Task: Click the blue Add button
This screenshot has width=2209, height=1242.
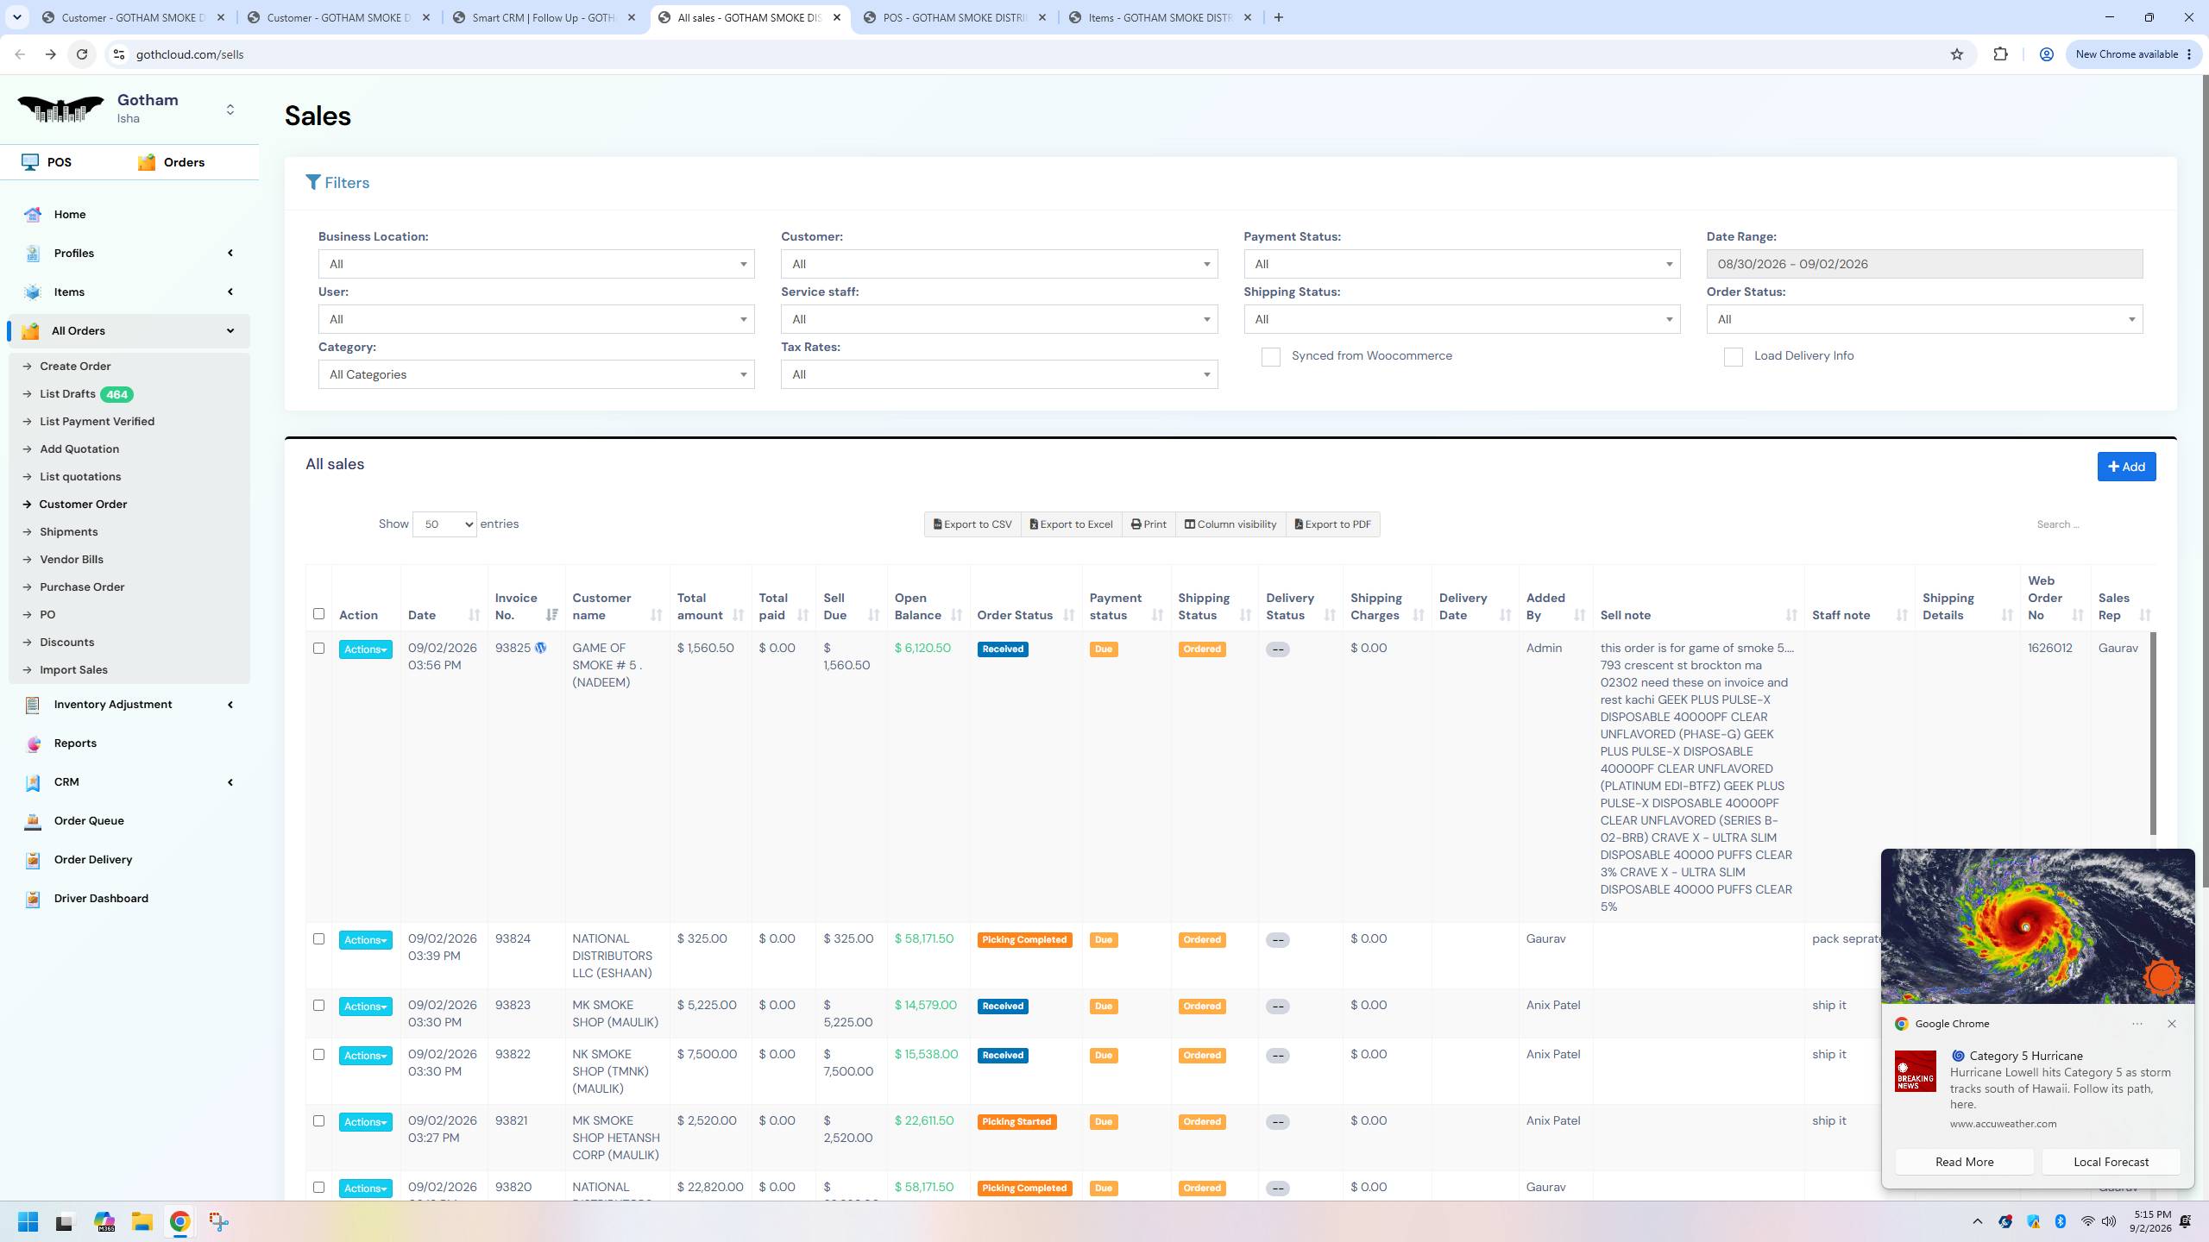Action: point(2126,467)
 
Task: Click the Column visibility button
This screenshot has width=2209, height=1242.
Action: point(1230,524)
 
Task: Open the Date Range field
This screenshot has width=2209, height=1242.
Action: point(1924,264)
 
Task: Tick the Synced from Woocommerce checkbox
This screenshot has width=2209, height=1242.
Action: point(1270,357)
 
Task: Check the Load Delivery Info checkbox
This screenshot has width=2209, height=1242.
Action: point(1733,357)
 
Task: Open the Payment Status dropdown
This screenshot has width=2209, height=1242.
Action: point(1462,264)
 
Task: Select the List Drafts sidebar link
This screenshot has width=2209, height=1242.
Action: point(67,394)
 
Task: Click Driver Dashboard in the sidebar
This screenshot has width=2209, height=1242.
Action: point(101,898)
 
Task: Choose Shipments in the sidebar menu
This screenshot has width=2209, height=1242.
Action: point(69,531)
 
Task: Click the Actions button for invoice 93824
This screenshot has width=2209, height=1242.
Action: point(365,940)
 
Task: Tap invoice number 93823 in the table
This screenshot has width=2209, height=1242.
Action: point(513,1005)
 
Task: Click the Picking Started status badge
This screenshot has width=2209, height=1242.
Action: point(1016,1122)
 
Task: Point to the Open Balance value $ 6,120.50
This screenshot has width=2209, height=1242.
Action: point(922,648)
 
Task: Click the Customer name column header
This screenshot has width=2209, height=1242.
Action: point(601,606)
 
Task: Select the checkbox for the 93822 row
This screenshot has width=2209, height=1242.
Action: point(318,1055)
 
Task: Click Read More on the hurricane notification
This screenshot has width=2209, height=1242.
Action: point(1964,1162)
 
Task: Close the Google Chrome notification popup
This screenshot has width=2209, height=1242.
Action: point(2171,1024)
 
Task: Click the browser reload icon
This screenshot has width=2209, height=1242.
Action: point(82,54)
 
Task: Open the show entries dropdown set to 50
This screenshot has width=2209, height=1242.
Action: point(444,524)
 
